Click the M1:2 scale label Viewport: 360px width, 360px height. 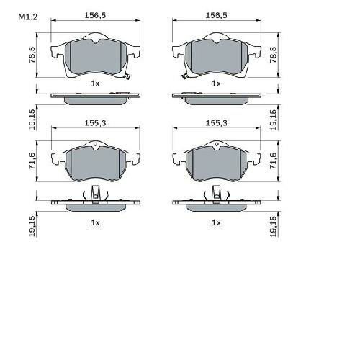click(28, 17)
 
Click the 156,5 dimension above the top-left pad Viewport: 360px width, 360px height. click(95, 15)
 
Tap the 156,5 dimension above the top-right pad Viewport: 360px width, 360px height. click(217, 15)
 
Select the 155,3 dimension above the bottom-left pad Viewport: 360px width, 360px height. click(95, 123)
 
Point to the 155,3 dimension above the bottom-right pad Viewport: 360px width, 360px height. click(217, 123)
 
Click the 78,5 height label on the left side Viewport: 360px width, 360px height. click(32, 55)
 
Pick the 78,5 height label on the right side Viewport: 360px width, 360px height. click(273, 55)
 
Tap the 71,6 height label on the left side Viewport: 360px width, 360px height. click(32, 161)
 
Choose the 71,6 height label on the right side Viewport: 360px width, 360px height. click(273, 161)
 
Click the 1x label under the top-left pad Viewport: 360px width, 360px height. click(95, 84)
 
